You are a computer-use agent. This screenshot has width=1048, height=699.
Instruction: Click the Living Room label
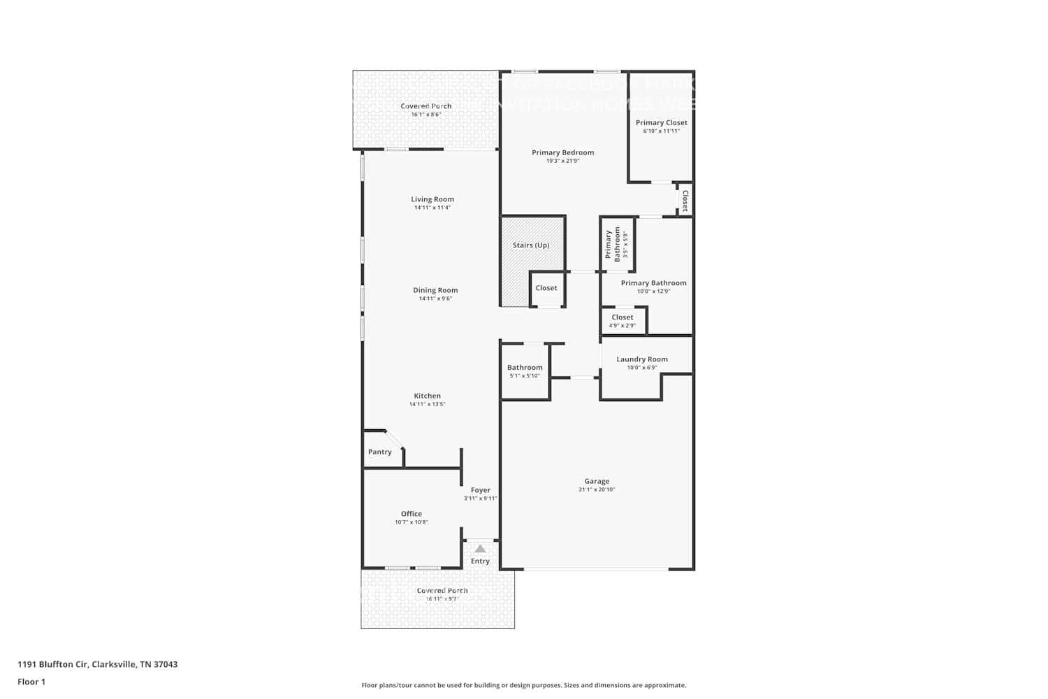click(x=432, y=199)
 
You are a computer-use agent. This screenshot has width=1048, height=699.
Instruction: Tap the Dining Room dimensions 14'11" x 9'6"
click(x=435, y=298)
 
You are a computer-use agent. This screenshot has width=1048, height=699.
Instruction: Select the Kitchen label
click(x=427, y=396)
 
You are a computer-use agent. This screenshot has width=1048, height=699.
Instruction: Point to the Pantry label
click(x=380, y=452)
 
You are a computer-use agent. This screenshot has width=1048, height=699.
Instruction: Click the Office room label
click(x=412, y=514)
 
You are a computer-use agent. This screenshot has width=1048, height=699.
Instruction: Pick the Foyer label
click(x=481, y=490)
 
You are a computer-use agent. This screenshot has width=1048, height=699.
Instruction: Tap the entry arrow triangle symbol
click(x=480, y=549)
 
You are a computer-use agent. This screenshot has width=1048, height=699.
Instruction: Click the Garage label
click(x=597, y=481)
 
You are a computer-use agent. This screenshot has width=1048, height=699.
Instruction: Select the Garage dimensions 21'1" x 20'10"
click(x=597, y=489)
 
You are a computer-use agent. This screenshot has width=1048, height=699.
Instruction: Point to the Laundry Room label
click(x=642, y=359)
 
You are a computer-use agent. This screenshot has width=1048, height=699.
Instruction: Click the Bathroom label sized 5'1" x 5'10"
click(x=525, y=368)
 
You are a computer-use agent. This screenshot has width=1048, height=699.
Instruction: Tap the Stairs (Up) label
click(x=531, y=245)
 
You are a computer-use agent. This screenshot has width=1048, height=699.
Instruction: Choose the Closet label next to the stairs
click(x=546, y=288)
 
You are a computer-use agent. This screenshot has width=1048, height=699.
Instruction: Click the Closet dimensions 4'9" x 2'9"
click(x=623, y=326)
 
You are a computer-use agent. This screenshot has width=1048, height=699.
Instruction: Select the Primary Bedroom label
click(x=562, y=152)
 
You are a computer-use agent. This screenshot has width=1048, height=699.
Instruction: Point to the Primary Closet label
click(x=662, y=122)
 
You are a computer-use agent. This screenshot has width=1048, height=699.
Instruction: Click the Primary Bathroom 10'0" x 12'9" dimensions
click(x=653, y=291)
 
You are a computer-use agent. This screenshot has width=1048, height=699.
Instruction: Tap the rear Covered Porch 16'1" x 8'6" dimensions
click(x=425, y=115)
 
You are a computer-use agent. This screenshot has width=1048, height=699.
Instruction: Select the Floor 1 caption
click(x=31, y=682)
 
